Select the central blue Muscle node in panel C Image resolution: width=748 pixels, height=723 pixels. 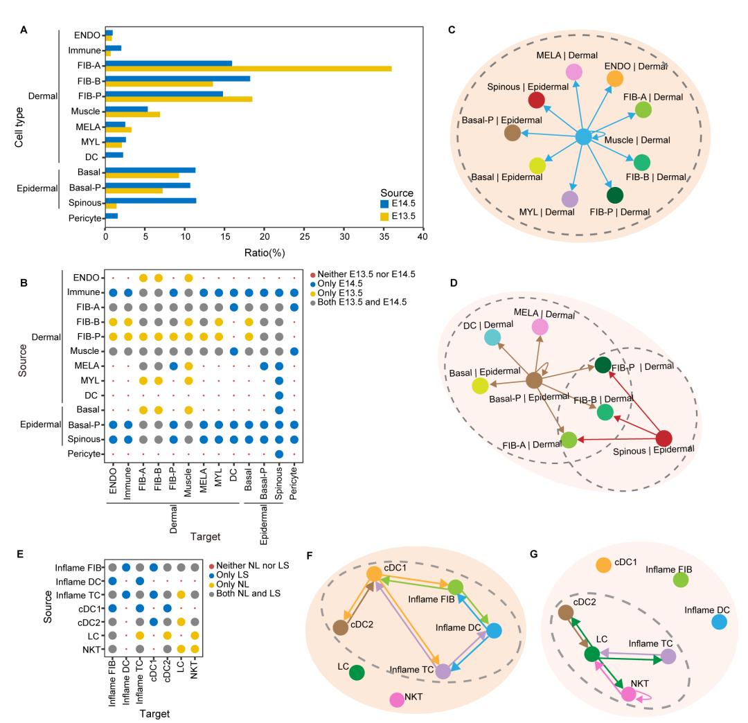584,137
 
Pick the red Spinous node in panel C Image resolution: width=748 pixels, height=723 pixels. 536,100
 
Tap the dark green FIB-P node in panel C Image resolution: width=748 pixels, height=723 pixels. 615,195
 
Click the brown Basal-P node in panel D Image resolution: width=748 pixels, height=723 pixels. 534,380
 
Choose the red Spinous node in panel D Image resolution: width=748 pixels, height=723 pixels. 664,438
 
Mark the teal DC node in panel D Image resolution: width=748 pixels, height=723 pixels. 492,337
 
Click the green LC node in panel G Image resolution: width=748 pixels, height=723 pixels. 591,654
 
